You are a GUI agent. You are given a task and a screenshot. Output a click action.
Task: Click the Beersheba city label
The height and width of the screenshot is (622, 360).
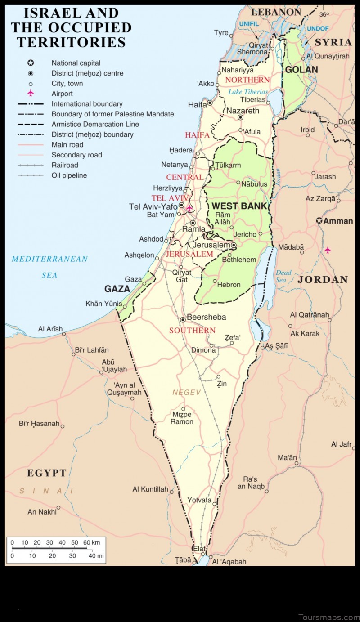pos(206,317)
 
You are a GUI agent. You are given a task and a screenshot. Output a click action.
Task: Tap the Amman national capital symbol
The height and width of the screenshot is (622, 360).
pos(319,221)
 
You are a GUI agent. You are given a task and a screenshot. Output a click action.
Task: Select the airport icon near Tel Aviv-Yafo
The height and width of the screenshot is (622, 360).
pos(189,209)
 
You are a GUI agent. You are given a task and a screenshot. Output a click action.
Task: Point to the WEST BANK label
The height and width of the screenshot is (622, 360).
pos(239,206)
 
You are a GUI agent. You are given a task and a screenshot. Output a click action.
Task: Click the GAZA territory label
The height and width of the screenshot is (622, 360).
pos(117,289)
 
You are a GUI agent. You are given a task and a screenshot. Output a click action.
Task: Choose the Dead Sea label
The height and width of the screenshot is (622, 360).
pos(283,276)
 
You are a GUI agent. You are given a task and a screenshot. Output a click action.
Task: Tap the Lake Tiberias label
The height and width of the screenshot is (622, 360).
pos(248,92)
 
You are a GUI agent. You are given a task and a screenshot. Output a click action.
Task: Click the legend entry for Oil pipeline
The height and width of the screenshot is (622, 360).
pos(69,175)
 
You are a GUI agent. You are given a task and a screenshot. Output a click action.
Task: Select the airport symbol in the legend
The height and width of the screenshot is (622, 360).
pos(31,94)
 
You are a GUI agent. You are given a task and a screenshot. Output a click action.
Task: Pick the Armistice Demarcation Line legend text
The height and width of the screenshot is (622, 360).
pos(95,124)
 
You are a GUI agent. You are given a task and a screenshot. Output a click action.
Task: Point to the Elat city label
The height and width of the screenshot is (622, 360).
pos(199,549)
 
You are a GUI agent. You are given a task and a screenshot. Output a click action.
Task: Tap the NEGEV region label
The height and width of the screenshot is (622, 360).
pos(187,393)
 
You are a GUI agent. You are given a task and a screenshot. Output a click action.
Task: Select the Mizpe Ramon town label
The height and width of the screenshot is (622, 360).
pos(182,418)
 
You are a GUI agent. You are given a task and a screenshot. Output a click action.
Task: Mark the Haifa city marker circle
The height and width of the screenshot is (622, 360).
pos(210,103)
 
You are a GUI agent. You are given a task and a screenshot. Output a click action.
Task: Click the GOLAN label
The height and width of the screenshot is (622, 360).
pos(301,70)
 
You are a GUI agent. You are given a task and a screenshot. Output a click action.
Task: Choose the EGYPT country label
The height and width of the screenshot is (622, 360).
pos(47,473)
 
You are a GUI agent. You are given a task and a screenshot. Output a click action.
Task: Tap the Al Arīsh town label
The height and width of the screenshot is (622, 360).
pos(50,329)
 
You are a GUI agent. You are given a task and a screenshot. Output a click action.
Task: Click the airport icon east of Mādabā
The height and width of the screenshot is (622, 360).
pos(328,250)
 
